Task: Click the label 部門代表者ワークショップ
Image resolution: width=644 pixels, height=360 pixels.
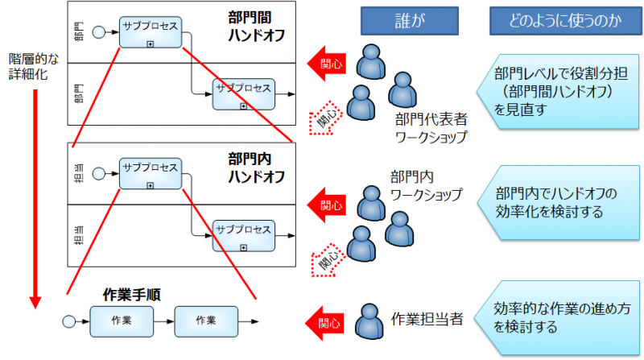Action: pyautogui.click(x=431, y=128)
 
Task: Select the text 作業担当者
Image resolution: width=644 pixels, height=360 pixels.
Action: pyautogui.click(x=431, y=319)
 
